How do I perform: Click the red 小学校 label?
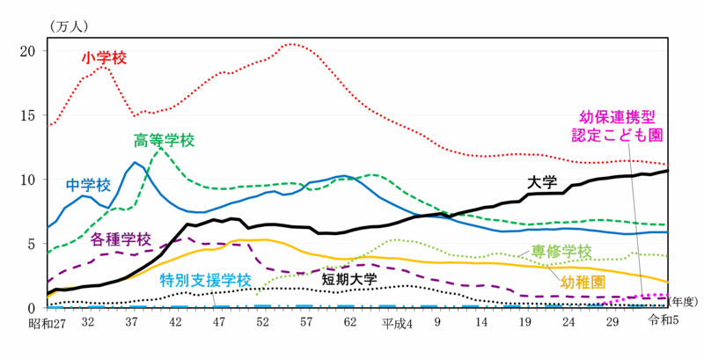pos(104,57)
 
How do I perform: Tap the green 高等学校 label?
pos(165,140)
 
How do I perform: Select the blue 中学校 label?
pos(88,185)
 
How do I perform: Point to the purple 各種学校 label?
pos(121,238)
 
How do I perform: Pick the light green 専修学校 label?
pos(561,252)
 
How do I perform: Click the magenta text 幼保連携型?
pos(617,116)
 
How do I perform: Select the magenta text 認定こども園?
pos(617,135)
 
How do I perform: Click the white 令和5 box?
pos(663,320)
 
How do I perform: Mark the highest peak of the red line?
pos(295,44)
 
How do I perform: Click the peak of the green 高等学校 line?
pos(159,150)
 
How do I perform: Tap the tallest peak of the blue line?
pos(136,162)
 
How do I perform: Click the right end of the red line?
pos(671,165)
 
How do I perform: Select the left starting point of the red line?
pos(48,126)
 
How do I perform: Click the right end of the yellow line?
pos(671,283)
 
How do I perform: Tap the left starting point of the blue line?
pos(48,227)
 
